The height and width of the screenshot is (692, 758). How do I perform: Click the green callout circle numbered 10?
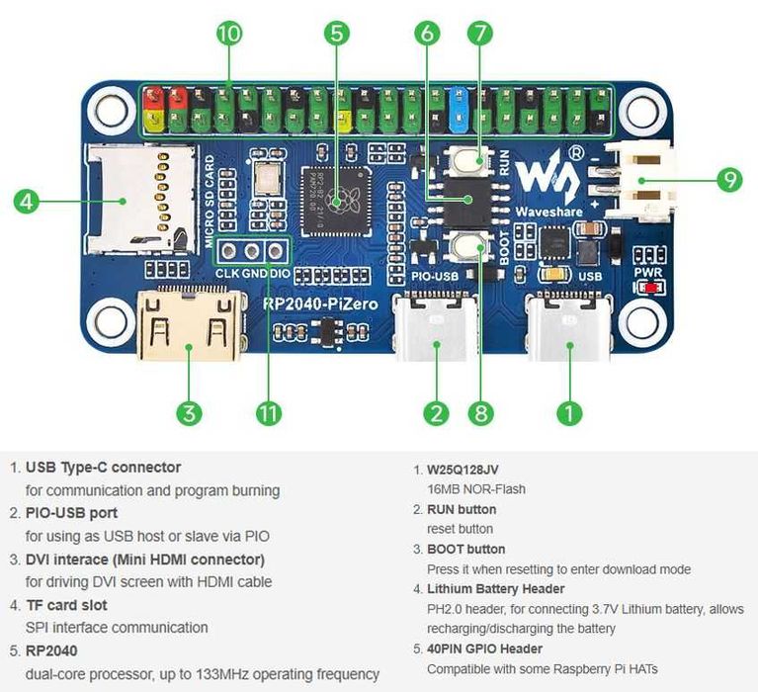pyautogui.click(x=229, y=33)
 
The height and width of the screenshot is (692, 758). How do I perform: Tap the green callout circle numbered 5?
pyautogui.click(x=337, y=33)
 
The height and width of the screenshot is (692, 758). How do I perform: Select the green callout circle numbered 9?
pyautogui.click(x=729, y=180)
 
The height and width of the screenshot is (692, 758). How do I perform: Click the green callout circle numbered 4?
pyautogui.click(x=27, y=201)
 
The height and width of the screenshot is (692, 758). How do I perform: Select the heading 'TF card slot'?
pyautogui.click(x=66, y=604)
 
